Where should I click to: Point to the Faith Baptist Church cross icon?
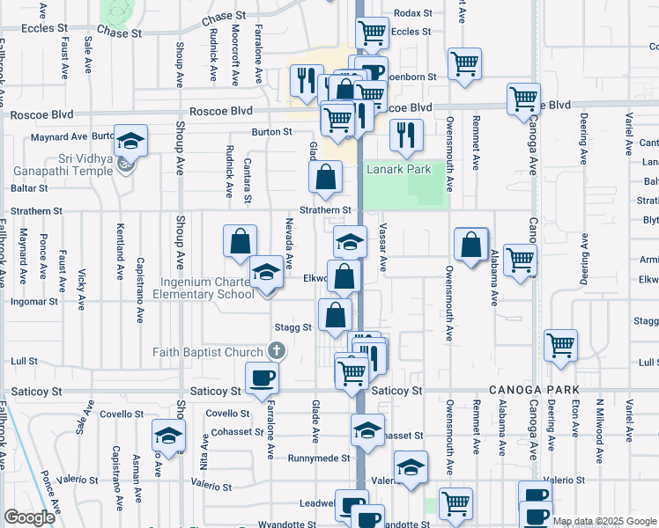(277, 352)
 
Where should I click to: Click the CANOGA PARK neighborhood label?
(530, 390)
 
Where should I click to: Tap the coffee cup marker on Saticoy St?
(262, 379)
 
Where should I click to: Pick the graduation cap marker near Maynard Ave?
(130, 142)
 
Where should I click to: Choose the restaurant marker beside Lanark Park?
(405, 135)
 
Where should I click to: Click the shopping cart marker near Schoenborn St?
(463, 62)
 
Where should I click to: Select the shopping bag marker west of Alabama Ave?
(471, 244)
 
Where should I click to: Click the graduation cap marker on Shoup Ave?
(168, 436)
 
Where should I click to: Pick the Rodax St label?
(413, 13)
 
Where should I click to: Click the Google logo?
(29, 517)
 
